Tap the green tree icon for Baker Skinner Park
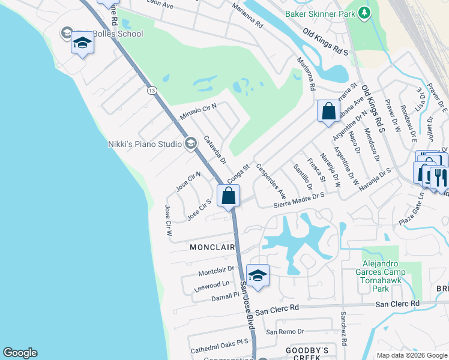[363, 13]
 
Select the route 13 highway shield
[152, 90]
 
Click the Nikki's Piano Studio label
[145, 143]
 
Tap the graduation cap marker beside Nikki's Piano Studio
[191, 143]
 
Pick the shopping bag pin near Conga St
[228, 196]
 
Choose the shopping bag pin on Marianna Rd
[328, 111]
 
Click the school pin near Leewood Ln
[257, 275]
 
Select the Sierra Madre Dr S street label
[298, 200]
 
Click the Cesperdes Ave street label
[271, 181]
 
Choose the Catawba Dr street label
[214, 151]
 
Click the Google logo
[20, 353]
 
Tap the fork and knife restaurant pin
[438, 176]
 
